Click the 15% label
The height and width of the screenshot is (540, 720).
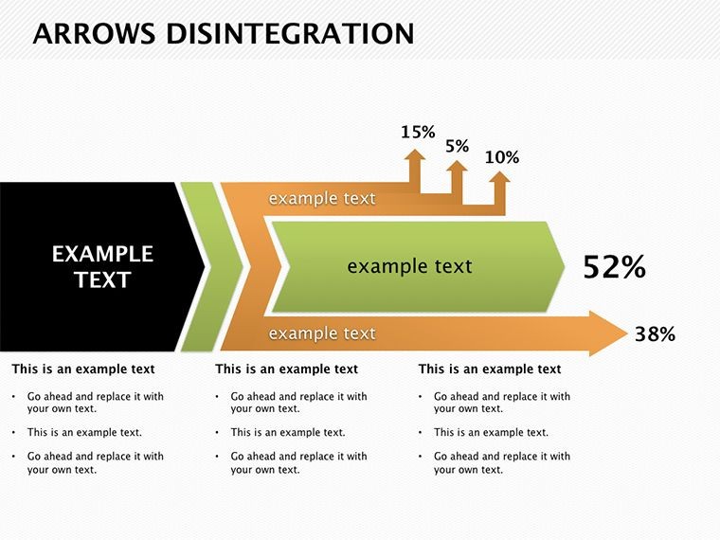point(418,133)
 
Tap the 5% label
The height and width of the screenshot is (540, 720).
point(457,147)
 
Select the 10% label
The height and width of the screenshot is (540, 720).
point(502,157)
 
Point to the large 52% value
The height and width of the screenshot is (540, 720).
point(615,267)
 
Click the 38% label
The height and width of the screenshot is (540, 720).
point(655,334)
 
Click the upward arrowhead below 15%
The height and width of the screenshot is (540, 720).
point(415,154)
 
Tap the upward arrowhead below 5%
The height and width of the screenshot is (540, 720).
point(457,165)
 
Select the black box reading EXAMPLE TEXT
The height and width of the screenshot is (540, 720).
point(102,267)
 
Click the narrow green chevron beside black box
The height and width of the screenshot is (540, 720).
point(211,267)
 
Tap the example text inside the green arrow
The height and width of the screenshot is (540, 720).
point(409,266)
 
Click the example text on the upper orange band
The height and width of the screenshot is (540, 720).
point(322,199)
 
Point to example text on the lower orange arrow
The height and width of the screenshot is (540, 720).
point(322,333)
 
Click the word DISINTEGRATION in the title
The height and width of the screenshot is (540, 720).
point(290,33)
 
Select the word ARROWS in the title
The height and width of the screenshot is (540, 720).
point(94,33)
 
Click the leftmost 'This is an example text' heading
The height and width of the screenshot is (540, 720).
point(83,369)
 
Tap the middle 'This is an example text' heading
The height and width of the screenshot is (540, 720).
point(286,369)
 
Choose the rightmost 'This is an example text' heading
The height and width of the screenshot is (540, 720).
point(490,369)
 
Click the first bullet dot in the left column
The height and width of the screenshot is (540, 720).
point(14,396)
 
